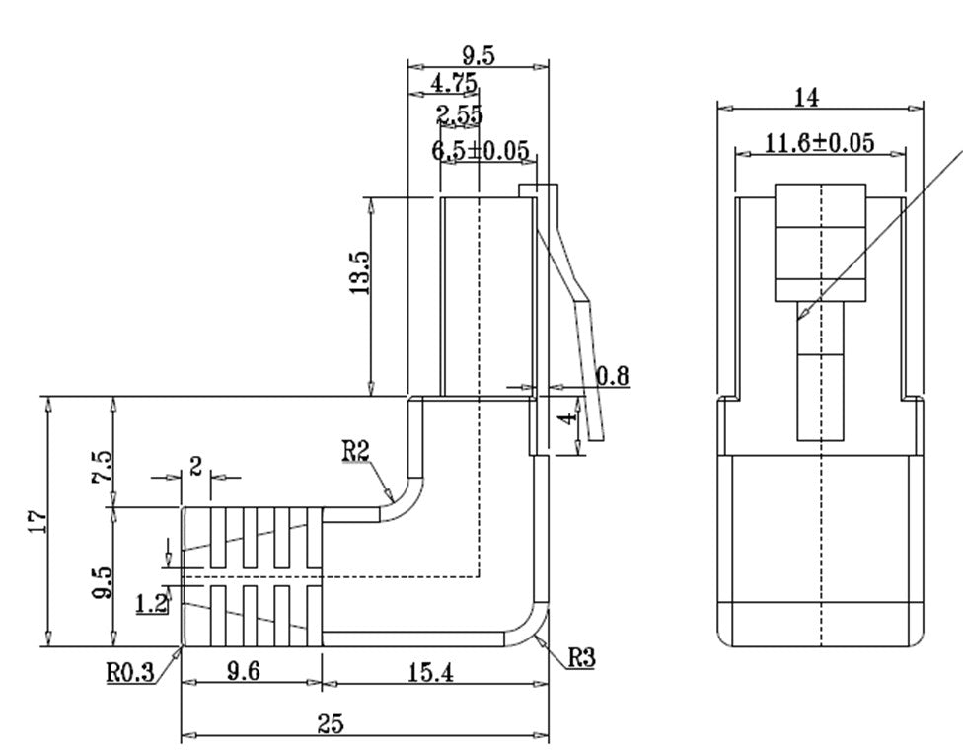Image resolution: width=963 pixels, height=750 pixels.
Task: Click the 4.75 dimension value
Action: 454,82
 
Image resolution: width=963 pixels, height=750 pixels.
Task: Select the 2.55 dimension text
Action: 460,115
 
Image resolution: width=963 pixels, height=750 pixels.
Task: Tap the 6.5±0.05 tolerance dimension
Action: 481,151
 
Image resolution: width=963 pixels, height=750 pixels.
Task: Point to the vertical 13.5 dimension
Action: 359,273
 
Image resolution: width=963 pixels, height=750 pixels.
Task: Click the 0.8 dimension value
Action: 613,375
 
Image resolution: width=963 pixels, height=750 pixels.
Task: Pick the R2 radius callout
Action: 356,451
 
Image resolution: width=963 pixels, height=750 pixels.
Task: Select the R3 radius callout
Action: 582,657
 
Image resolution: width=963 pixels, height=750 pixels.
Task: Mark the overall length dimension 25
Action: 331,723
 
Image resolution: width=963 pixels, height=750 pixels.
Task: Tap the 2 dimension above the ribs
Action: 195,466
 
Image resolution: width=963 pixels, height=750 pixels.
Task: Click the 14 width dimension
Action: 806,97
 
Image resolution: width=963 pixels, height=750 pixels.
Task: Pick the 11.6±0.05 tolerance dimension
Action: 819,143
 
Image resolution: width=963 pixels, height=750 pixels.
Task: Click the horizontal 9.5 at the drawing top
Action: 478,55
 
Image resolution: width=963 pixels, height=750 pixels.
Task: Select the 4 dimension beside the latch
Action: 566,419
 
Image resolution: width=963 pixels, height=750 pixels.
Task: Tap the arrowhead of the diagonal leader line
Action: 801,315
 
